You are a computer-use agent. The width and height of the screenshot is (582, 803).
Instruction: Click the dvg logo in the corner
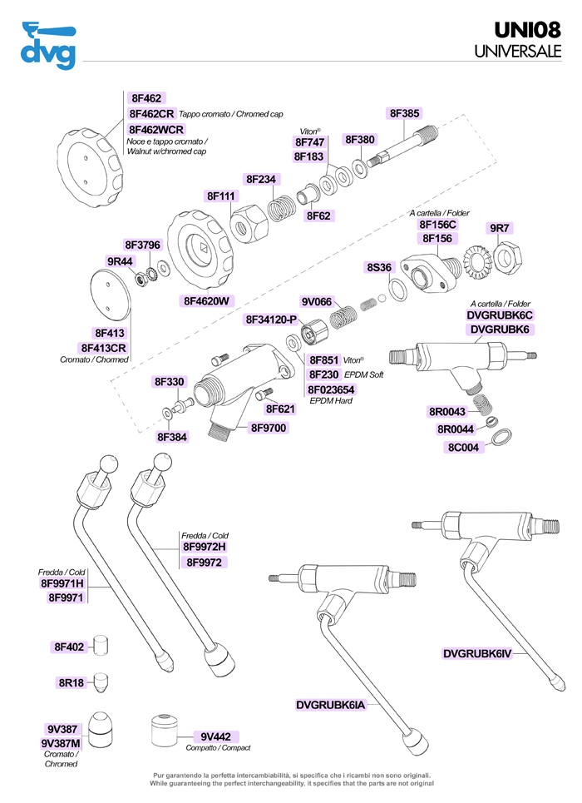pos(47,47)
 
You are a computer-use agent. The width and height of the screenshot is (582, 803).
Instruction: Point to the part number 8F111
pos(222,196)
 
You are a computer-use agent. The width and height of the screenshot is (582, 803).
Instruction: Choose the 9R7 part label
pos(500,227)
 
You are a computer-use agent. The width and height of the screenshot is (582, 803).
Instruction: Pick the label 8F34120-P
pos(271,320)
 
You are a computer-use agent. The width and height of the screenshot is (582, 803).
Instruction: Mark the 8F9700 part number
pos(269,428)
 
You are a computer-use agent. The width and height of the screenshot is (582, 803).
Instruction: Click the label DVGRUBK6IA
pos(331,705)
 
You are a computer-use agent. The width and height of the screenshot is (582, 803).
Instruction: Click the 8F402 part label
pos(71,647)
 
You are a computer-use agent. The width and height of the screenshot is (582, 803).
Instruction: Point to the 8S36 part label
pos(379,267)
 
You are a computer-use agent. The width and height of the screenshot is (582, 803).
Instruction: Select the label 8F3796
pos(142,245)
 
